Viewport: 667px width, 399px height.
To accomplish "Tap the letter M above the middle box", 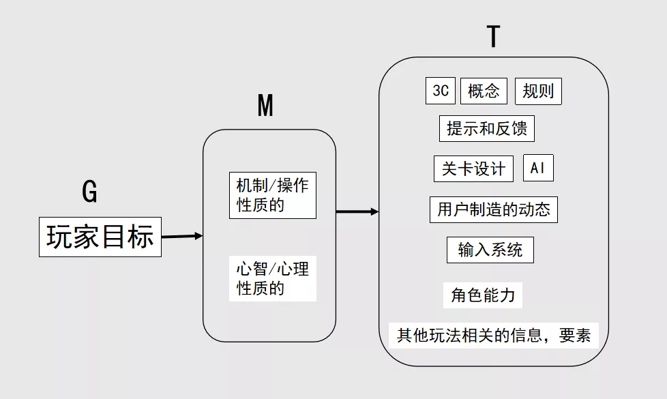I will tap(265, 106).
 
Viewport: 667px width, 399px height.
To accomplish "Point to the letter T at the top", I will tap(493, 36).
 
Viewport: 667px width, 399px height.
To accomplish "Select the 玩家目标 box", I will tap(100, 237).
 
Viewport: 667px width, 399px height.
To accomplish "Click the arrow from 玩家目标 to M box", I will tap(182, 236).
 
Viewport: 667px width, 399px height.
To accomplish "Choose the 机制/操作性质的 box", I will tap(273, 195).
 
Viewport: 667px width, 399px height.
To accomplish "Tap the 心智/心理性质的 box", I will tap(273, 278).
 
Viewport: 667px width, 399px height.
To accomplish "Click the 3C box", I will tap(441, 90).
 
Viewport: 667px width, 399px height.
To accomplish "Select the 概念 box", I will tap(484, 91).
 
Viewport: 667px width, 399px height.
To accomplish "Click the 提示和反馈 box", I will tap(487, 128).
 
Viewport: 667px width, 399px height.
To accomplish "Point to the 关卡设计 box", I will tap(473, 168).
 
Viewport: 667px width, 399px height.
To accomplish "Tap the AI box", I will tap(538, 168).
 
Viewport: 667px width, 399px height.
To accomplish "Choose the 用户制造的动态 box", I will tap(494, 209).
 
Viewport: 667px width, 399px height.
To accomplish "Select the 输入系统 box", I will tap(490, 250).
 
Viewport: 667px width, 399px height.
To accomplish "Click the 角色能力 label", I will tap(483, 295).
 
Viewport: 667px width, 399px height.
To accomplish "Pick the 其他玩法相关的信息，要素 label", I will tap(494, 336).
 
